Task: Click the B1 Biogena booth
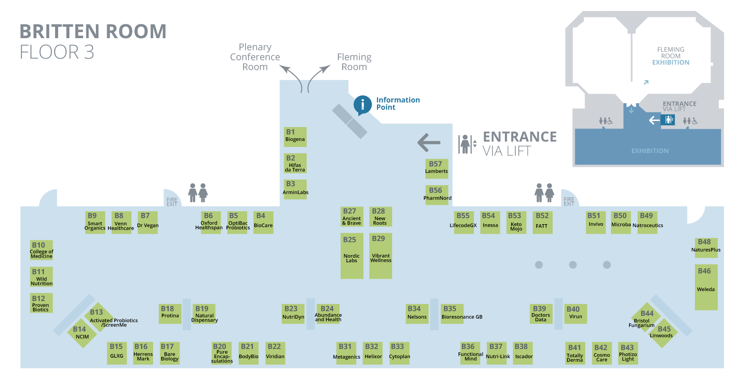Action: pos(295,137)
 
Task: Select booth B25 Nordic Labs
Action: pos(352,256)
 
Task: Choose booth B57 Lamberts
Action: pos(436,168)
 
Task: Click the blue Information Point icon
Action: pos(362,105)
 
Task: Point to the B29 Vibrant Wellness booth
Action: pos(380,256)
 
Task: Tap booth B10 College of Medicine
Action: pos(41,250)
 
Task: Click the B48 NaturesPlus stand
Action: pos(706,247)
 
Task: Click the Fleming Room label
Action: pos(354,62)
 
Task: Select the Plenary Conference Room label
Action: pos(255,57)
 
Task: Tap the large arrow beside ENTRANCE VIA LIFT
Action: pos(429,142)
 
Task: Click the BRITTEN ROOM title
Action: pos(93,32)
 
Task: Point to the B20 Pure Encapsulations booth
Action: pos(222,353)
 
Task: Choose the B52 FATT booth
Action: pos(542,222)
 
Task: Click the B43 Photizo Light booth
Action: pos(628,353)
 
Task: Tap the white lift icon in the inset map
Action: pos(668,120)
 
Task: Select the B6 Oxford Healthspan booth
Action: pos(209,222)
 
